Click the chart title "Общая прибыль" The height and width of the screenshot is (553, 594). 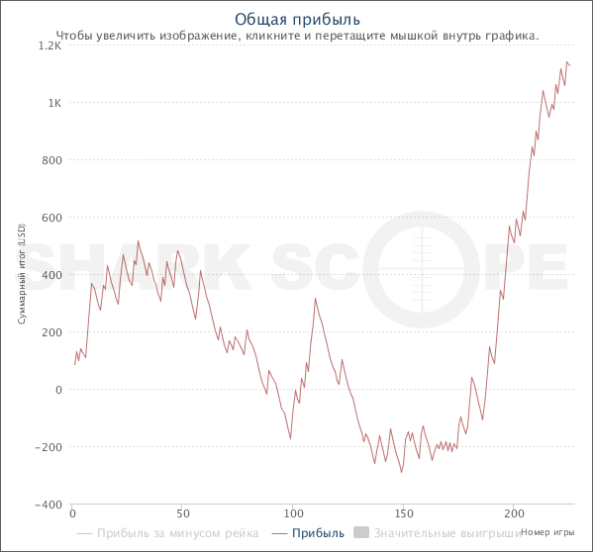[297, 19]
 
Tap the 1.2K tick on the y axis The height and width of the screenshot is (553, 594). [49, 46]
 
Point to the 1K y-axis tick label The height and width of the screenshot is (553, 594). [53, 103]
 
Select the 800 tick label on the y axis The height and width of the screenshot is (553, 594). [51, 160]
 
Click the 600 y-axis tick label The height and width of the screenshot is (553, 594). [51, 218]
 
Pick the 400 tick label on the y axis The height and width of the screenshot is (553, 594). [51, 275]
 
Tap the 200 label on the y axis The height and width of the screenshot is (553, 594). [51, 332]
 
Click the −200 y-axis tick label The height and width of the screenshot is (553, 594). [48, 447]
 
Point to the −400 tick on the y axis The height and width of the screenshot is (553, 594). [48, 505]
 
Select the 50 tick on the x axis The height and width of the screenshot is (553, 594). [182, 514]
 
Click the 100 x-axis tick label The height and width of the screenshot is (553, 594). [293, 514]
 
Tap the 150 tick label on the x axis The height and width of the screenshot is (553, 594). [403, 514]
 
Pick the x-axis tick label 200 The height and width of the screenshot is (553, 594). [513, 514]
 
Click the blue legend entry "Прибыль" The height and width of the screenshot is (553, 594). [318, 533]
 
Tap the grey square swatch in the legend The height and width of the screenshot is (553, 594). [361, 533]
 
